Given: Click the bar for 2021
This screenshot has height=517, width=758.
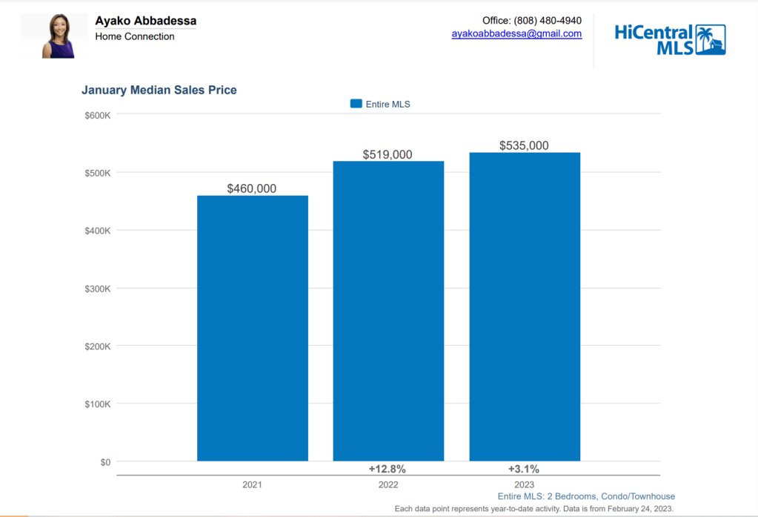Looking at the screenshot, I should click(x=252, y=328).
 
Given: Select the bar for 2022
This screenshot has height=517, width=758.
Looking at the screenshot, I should click(x=388, y=311).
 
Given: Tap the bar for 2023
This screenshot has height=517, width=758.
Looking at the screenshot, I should click(x=525, y=306).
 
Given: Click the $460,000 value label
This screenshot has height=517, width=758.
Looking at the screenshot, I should click(x=252, y=188).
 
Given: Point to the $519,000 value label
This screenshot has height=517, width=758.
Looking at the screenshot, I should click(x=388, y=154).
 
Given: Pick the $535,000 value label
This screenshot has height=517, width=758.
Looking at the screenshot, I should click(x=524, y=145).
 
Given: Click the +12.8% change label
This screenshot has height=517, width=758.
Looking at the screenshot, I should click(x=388, y=469).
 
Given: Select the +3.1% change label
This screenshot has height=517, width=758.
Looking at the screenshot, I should click(x=524, y=469).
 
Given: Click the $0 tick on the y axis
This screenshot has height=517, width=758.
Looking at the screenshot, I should click(x=104, y=462).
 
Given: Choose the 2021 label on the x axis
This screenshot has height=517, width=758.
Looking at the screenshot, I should click(x=252, y=484).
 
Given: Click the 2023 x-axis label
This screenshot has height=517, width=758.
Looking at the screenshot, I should click(x=524, y=484).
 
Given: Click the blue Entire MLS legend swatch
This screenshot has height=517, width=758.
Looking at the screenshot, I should click(x=356, y=104).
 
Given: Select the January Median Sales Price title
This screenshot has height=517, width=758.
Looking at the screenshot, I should click(x=159, y=90).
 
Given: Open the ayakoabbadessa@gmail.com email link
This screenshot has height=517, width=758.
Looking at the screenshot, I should click(x=516, y=33).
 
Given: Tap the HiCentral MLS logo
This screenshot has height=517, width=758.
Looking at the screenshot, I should click(x=670, y=39).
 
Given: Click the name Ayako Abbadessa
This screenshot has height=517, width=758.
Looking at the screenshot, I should click(x=146, y=21).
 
